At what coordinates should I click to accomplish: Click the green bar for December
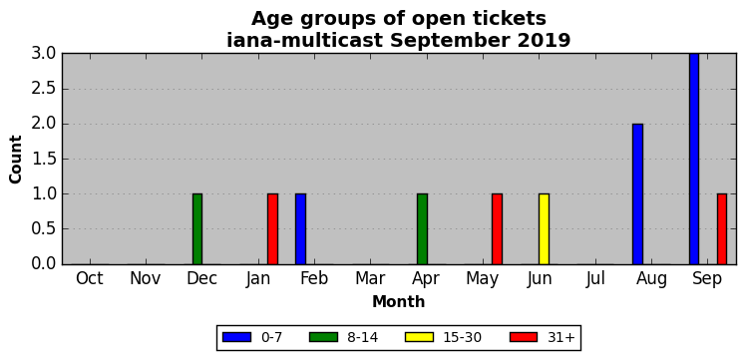pyautogui.click(x=197, y=229)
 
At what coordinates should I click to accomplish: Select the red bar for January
pyautogui.click(x=272, y=229)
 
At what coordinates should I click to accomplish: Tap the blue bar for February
pyautogui.click(x=300, y=229)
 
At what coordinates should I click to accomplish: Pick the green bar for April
pyautogui.click(x=422, y=229)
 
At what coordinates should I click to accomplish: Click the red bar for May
pyautogui.click(x=497, y=229)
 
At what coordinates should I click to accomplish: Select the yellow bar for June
pyautogui.click(x=544, y=229)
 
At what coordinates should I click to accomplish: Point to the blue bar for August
pyautogui.click(x=637, y=193)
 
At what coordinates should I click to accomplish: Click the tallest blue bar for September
pyautogui.click(x=694, y=159)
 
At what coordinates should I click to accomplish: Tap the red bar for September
pyautogui.click(x=722, y=229)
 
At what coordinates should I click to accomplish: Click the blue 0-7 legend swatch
pyautogui.click(x=236, y=337)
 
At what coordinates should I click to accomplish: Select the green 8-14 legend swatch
pyautogui.click(x=323, y=337)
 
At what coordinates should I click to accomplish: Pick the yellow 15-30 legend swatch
pyautogui.click(x=420, y=337)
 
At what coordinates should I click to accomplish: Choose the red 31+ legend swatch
pyautogui.click(x=524, y=337)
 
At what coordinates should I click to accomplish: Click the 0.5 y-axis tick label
pyautogui.click(x=44, y=229)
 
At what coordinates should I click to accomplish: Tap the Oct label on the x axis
pyautogui.click(x=90, y=279)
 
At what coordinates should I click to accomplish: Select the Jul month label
pyautogui.click(x=594, y=279)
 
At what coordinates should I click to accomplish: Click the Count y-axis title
pyautogui.click(x=16, y=160)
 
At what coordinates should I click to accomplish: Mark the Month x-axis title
pyautogui.click(x=398, y=301)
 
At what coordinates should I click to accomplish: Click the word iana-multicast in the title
pyautogui.click(x=304, y=40)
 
